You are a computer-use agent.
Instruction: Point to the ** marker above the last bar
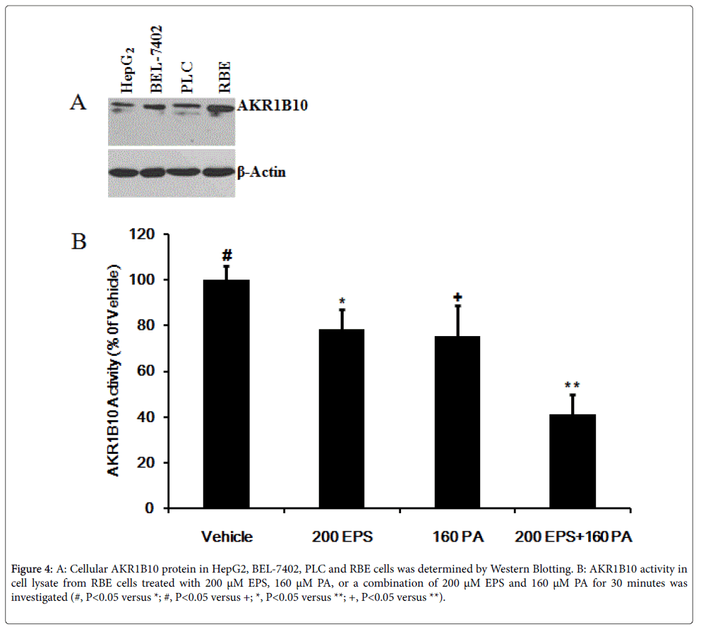(572, 385)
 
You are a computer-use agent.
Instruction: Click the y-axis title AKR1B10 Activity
(114, 371)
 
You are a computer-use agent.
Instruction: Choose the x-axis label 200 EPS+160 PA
(573, 537)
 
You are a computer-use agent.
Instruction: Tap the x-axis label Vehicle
(227, 537)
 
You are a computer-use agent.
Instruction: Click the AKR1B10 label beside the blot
(263, 107)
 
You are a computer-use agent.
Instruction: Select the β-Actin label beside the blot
(260, 172)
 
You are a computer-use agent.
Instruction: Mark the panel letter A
(78, 103)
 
